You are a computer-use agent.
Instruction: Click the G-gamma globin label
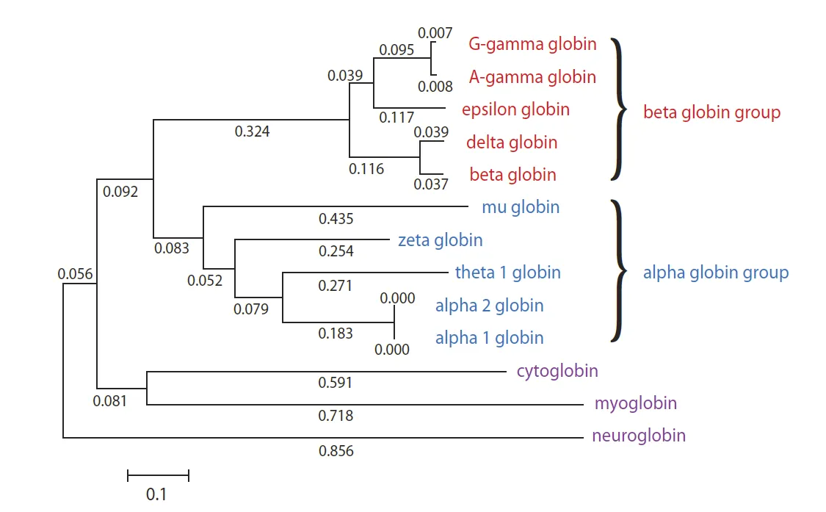pos(532,44)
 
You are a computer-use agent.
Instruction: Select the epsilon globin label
pos(515,109)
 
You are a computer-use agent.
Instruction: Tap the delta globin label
pos(511,142)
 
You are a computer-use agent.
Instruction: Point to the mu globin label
pos(521,207)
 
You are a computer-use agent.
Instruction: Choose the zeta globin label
pos(441,239)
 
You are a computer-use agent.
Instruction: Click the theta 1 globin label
pos(507,273)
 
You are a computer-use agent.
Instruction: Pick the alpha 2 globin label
pos(489,305)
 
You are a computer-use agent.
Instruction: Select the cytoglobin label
pos(557,370)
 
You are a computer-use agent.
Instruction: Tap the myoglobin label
pos(636,403)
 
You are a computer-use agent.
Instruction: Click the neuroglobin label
pos(639,436)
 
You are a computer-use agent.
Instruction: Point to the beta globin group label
pos(711,113)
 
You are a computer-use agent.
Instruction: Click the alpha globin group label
pos(716,273)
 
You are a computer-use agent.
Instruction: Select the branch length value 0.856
pos(336,451)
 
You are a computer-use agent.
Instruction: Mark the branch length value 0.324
pos(252,131)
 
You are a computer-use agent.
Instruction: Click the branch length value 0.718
pos(336,416)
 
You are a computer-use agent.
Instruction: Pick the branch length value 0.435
pos(336,218)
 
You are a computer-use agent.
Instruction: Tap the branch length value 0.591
pos(336,383)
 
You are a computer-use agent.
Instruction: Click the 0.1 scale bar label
pos(156,494)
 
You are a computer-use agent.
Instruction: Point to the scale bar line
pos(158,475)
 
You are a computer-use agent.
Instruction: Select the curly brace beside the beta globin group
pos(620,109)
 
